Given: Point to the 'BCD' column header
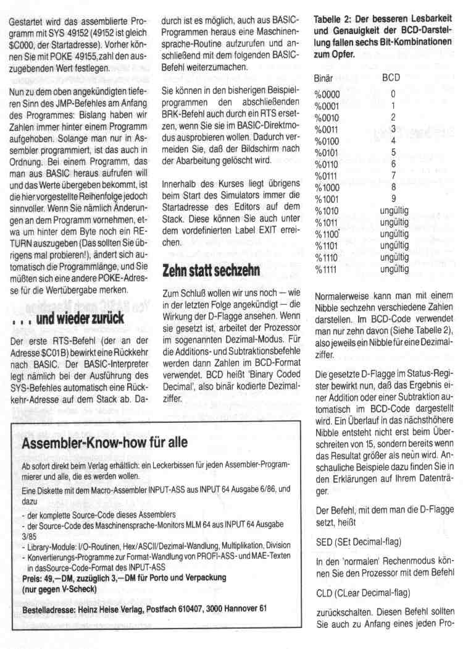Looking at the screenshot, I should pos(391,80).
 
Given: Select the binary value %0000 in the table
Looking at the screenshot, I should pos(327,95).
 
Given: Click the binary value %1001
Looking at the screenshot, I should pos(327,199).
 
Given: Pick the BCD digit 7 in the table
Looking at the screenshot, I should pos(393,176).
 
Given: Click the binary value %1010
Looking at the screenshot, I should pos(327,211).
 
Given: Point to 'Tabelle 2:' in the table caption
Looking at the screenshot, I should pos(335,20).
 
